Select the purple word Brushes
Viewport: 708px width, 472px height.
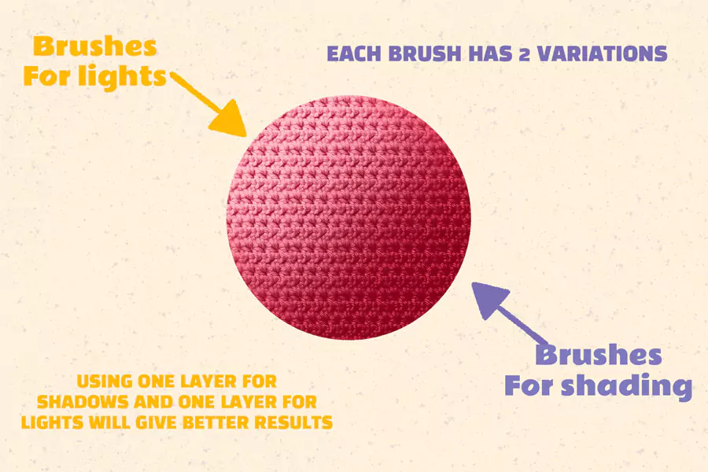598,356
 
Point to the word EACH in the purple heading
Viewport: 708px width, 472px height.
350,54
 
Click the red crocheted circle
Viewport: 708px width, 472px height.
349,218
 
